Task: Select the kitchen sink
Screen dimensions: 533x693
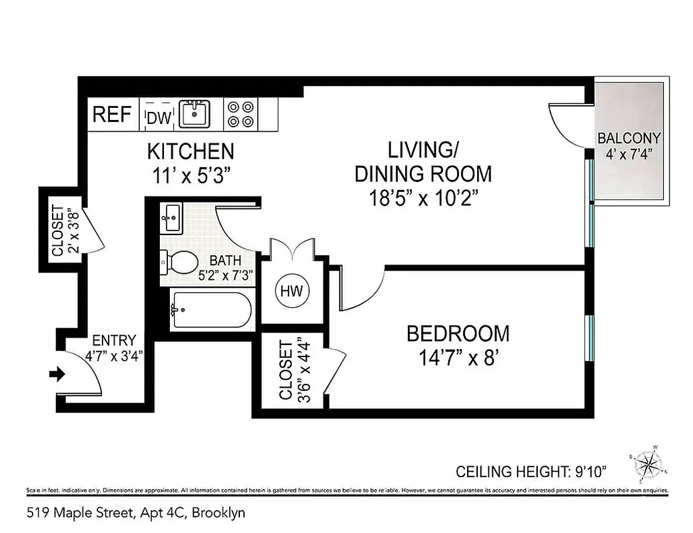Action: tap(194, 113)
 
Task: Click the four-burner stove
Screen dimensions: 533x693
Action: tap(241, 114)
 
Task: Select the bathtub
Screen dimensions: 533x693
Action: tap(210, 310)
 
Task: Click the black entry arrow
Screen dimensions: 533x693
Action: tap(58, 374)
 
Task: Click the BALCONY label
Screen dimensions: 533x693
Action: tap(628, 139)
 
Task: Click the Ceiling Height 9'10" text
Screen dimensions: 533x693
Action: tap(541, 472)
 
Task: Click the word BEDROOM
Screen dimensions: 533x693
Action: tap(458, 333)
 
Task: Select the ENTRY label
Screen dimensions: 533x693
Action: tap(113, 340)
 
